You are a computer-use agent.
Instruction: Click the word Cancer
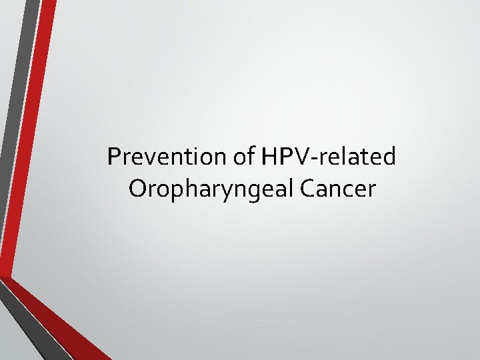pos(339,189)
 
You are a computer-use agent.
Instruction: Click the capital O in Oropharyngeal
pos(139,189)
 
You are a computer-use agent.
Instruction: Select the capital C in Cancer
pos(308,189)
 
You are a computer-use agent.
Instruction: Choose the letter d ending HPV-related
pos(390,157)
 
